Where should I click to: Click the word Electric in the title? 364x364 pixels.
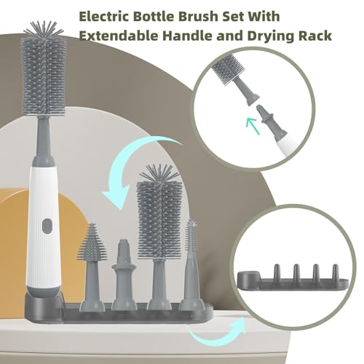(x=104, y=16)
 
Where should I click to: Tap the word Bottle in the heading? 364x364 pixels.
(x=154, y=16)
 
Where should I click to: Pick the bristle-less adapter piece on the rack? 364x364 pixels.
(x=124, y=274)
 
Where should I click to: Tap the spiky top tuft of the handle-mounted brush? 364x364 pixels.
(x=44, y=31)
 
